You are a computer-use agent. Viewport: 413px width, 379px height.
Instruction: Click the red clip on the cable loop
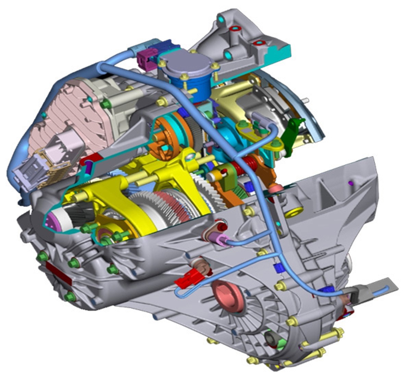coord(188,277)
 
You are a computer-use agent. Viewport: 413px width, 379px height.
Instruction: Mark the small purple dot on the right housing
coord(350,183)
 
